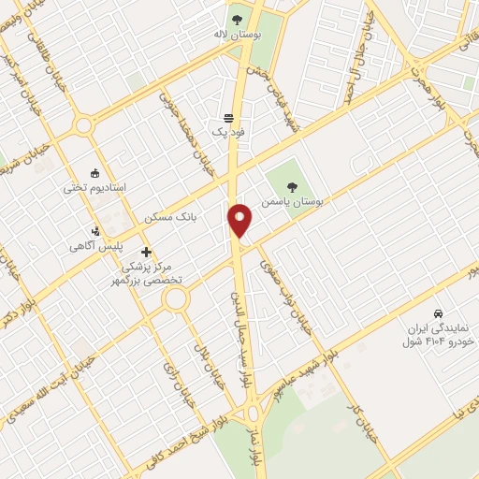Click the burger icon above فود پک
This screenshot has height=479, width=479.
[229, 118]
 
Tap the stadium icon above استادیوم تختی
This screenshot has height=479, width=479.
[94, 172]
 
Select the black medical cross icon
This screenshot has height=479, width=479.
[146, 252]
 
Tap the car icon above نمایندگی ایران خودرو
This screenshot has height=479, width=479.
[438, 312]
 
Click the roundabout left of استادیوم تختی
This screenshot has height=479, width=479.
[84, 124]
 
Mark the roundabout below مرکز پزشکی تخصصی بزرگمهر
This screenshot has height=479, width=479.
[175, 300]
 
